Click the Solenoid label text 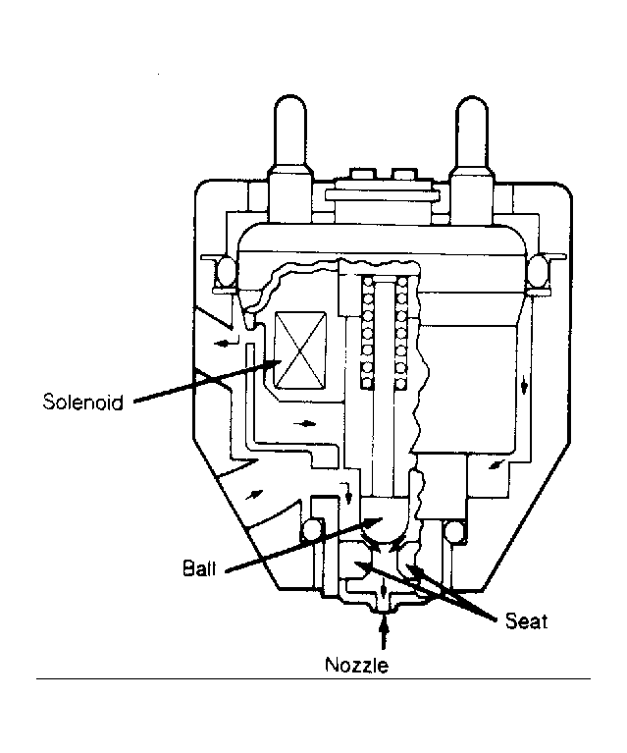[82, 402]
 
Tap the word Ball [199, 568]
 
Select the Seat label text [526, 621]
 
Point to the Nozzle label [356, 665]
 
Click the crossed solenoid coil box [300, 350]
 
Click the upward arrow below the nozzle [383, 633]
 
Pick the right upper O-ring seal [538, 271]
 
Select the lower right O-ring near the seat [454, 530]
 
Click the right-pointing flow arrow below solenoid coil [305, 423]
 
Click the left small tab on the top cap [362, 175]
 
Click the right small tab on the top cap [404, 175]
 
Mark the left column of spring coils [368, 332]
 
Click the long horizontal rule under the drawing [313, 678]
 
